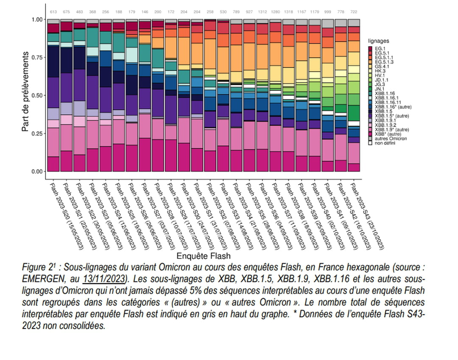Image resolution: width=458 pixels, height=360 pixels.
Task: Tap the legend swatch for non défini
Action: click(x=370, y=143)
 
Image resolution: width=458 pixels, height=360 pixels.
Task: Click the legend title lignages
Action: click(x=378, y=41)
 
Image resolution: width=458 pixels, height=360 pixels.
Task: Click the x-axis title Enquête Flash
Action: click(x=203, y=256)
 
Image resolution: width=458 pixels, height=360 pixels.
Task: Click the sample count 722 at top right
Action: click(x=354, y=12)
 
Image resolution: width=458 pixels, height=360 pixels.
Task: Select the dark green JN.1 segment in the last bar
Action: click(x=354, y=113)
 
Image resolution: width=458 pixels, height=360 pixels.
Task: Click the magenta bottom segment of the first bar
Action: click(x=53, y=164)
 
